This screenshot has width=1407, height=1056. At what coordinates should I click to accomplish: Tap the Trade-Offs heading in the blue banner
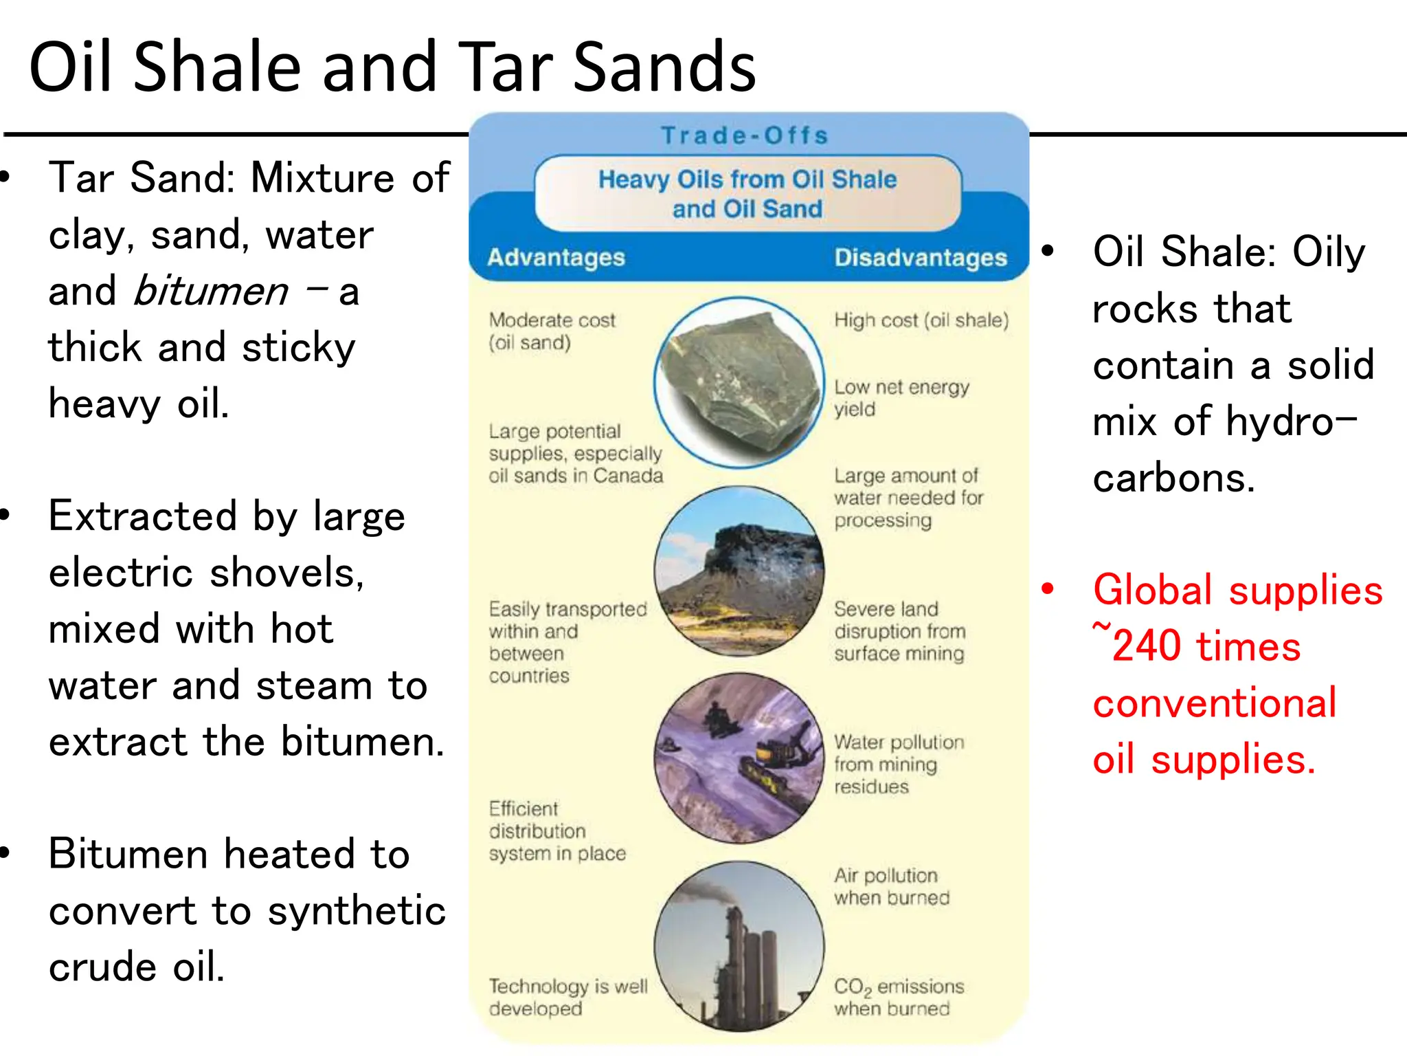[745, 135]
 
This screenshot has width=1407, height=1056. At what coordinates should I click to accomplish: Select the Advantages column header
[556, 257]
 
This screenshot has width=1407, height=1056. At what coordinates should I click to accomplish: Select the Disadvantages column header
[921, 257]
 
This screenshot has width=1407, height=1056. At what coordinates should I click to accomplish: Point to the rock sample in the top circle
[739, 382]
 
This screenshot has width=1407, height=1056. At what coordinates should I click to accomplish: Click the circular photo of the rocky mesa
[739, 571]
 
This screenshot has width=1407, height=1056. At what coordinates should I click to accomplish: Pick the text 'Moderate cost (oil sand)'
[551, 331]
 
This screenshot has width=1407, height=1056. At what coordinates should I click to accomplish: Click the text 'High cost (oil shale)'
[921, 320]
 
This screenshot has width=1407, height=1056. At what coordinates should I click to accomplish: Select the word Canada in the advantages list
[628, 476]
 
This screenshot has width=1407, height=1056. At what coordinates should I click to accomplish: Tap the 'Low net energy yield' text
[900, 397]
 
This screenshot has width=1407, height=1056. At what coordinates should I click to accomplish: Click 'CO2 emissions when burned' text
[899, 997]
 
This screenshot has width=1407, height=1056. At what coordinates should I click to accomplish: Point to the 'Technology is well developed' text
[567, 997]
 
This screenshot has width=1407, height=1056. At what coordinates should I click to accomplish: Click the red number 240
[1147, 647]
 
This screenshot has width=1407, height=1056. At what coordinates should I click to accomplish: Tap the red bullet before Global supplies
[1047, 589]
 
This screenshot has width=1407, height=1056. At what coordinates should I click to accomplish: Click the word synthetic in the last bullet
[356, 912]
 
